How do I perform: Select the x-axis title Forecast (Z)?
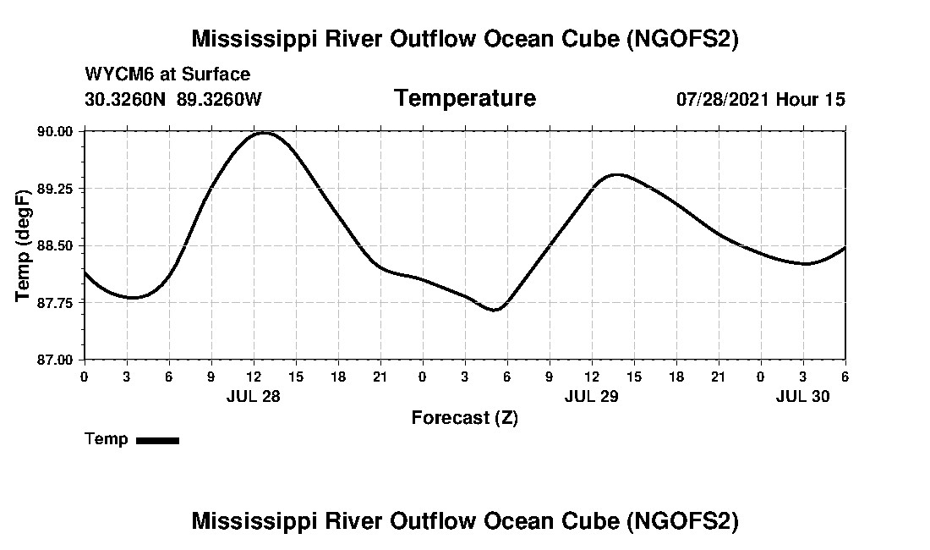[x=464, y=417]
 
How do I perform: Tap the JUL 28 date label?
[x=253, y=396]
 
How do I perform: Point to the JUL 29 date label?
[x=591, y=396]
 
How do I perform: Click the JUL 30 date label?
[x=802, y=396]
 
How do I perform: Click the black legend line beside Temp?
[x=157, y=440]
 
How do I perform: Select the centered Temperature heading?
[x=464, y=98]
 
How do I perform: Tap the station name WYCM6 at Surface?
[x=167, y=74]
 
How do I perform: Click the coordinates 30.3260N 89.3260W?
[x=173, y=99]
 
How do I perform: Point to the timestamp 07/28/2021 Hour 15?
[x=760, y=99]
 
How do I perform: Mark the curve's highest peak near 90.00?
[x=264, y=133]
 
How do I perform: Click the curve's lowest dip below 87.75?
[x=495, y=310]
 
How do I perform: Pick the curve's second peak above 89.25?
[x=616, y=174]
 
